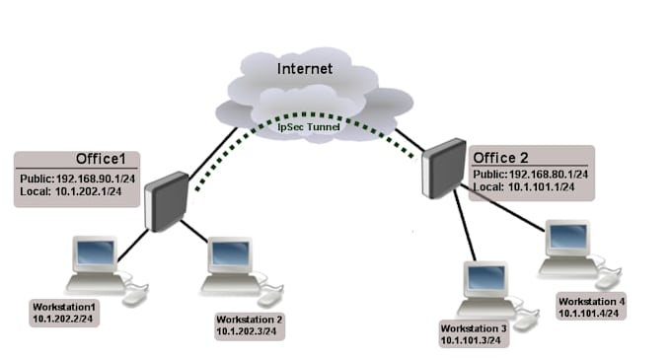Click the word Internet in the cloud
click(305, 68)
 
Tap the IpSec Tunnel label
click(309, 127)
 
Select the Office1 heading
click(101, 159)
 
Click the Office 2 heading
click(500, 158)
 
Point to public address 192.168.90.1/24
click(96, 179)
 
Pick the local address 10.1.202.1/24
click(88, 191)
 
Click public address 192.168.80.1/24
click(549, 175)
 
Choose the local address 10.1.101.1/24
click(541, 186)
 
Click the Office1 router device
click(167, 201)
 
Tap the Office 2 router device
click(444, 168)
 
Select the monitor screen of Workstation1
click(96, 252)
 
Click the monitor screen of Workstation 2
click(231, 253)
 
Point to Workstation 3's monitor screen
click(486, 277)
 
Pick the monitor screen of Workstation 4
click(567, 236)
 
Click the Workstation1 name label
click(64, 307)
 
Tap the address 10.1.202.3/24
click(246, 331)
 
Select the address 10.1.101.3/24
click(471, 340)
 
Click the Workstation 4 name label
click(591, 302)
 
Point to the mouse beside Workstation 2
click(269, 298)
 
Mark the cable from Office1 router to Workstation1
click(133, 246)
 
